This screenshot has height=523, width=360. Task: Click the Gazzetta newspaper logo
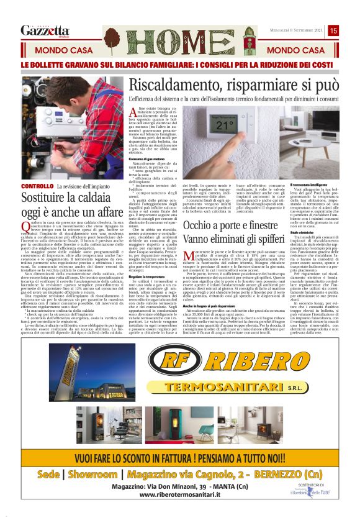click(x=45, y=30)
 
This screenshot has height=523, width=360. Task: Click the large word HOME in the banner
click(x=181, y=40)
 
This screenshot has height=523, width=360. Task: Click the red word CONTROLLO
click(x=37, y=186)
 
